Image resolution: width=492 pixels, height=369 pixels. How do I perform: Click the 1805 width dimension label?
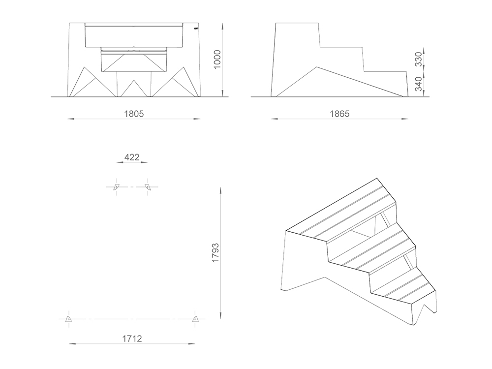pyautogui.click(x=134, y=114)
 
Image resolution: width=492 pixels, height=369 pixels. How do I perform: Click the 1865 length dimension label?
pyautogui.click(x=339, y=114)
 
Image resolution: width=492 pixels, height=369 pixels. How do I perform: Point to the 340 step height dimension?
pyautogui.click(x=418, y=84)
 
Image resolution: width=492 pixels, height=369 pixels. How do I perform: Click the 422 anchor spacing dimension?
pyautogui.click(x=131, y=157)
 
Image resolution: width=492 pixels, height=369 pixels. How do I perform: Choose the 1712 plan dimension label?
pyautogui.click(x=132, y=338)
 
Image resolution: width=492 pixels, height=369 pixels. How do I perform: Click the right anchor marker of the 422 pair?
pyautogui.click(x=147, y=186)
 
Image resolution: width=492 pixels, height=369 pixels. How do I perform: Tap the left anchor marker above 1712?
pyautogui.click(x=69, y=319)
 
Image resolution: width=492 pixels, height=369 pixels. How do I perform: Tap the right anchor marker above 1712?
pyautogui.click(x=196, y=319)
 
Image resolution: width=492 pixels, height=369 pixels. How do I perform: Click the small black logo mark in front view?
pyautogui.click(x=196, y=30)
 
